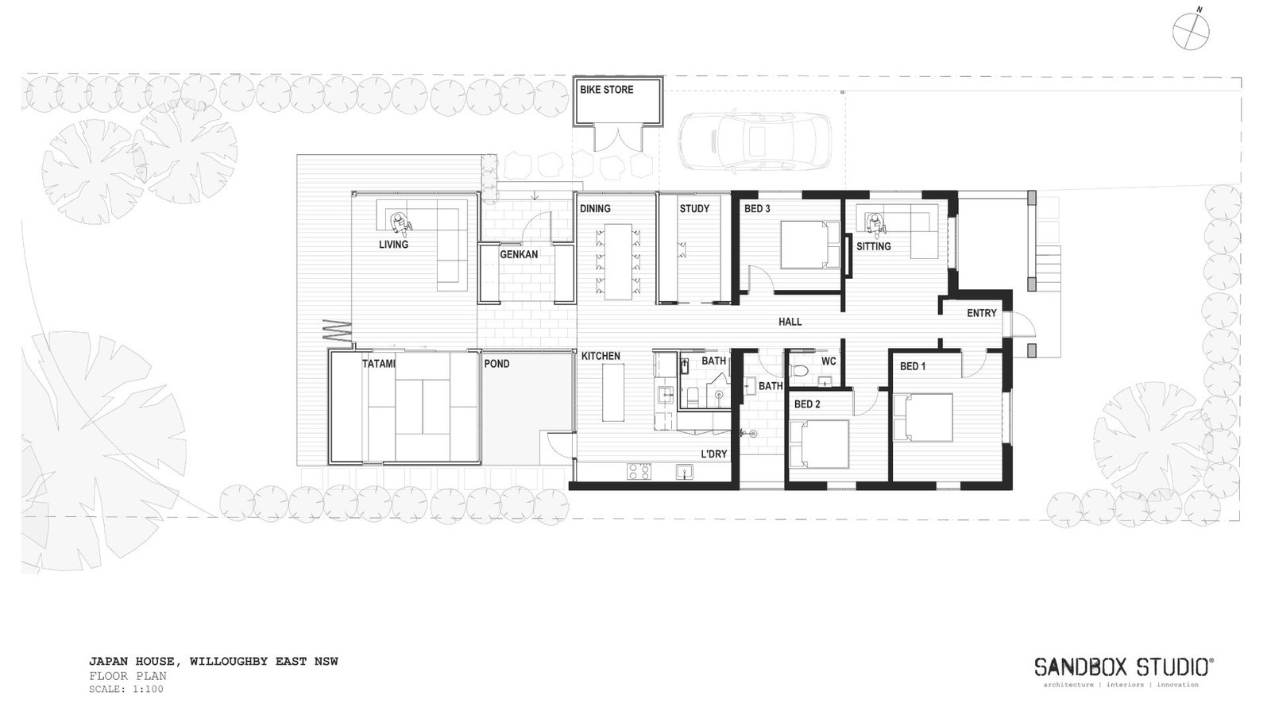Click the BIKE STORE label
606,90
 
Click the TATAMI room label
379,364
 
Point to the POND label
496,364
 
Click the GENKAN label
519,255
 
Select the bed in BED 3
809,245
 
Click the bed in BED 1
923,417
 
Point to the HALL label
790,322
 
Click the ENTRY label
981,313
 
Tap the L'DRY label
713,454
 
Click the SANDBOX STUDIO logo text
1123,666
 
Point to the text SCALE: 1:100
126,689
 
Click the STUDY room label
693,209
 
